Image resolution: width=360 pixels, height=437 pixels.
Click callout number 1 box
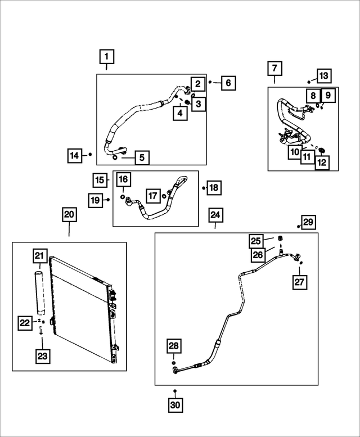point(106,57)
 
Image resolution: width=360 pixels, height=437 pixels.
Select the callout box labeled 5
point(142,157)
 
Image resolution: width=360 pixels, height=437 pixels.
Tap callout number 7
point(274,68)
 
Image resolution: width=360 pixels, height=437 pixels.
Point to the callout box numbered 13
point(324,76)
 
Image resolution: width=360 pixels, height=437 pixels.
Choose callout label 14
point(75,156)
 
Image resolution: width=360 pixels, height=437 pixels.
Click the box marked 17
point(153,196)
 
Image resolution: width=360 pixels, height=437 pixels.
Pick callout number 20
point(69,215)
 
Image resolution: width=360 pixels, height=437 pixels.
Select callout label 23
point(43,356)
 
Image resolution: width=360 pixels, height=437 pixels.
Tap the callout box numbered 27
point(299,282)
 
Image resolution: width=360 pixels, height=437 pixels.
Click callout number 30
point(175,404)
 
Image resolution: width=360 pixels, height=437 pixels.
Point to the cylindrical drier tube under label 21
point(40,292)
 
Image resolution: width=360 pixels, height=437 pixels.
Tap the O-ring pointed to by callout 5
point(115,157)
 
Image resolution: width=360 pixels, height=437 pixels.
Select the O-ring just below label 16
point(123,197)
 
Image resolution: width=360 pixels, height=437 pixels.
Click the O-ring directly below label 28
point(173,363)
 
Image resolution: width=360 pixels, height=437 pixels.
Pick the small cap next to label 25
point(281,238)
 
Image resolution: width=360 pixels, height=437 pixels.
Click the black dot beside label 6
point(210,82)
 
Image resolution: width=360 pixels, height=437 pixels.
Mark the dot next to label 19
point(108,200)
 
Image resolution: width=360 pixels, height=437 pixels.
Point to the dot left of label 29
point(299,227)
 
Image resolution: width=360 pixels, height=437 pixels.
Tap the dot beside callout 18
point(204,188)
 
